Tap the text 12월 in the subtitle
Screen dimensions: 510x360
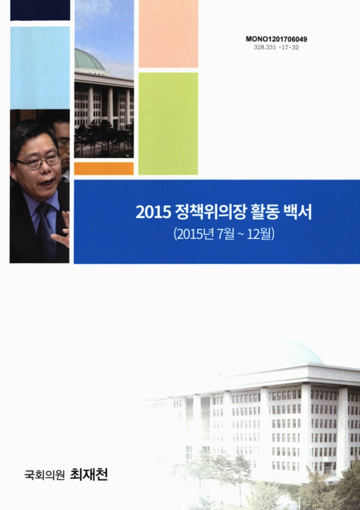(x=260, y=233)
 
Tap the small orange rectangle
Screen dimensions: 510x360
(x=104, y=168)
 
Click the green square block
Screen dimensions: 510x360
(x=168, y=123)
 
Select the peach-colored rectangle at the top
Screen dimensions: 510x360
(x=168, y=33)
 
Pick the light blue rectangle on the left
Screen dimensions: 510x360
(x=40, y=68)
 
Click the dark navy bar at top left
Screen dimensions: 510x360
(x=40, y=10)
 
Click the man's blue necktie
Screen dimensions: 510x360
(x=45, y=229)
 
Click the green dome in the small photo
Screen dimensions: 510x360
(x=89, y=60)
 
